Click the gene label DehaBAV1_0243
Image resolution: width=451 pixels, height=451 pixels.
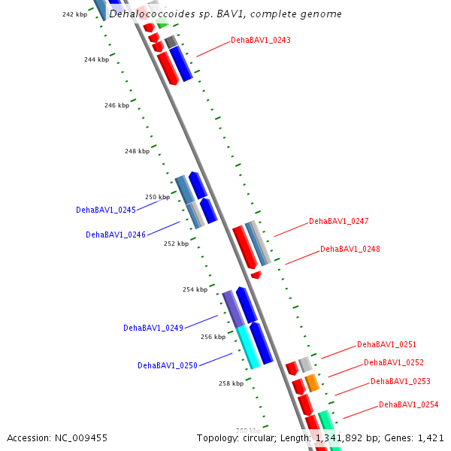click(260, 40)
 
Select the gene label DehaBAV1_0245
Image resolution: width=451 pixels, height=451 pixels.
click(106, 210)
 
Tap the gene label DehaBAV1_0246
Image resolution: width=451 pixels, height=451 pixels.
click(116, 235)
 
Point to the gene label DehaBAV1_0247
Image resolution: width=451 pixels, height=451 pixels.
click(338, 222)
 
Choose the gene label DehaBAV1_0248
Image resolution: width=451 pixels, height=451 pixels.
click(350, 249)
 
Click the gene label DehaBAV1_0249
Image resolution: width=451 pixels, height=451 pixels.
click(153, 328)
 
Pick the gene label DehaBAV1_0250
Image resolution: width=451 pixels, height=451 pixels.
click(167, 365)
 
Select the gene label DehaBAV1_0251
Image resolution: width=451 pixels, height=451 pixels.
click(386, 344)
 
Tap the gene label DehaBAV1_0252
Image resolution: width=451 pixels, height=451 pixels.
click(394, 362)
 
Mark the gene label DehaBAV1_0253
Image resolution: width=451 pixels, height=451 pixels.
click(401, 381)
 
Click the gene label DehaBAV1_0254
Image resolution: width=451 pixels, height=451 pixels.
click(408, 404)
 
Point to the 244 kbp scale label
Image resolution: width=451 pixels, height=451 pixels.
click(95, 59)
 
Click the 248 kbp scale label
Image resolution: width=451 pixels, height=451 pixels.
click(137, 151)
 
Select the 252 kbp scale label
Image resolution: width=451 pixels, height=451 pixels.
click(176, 244)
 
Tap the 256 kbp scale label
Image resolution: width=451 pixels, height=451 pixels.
click(213, 337)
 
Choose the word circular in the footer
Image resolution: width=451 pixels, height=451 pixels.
click(259, 437)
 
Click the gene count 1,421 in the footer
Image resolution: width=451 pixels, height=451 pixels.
click(431, 437)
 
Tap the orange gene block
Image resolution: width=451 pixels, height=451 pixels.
click(312, 383)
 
